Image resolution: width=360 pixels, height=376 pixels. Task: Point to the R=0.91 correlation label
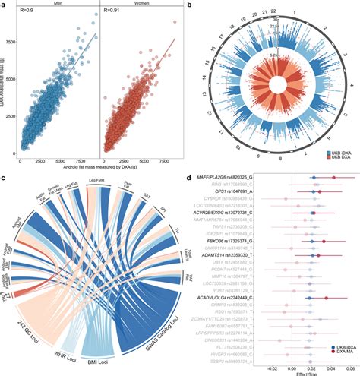click(113, 14)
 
